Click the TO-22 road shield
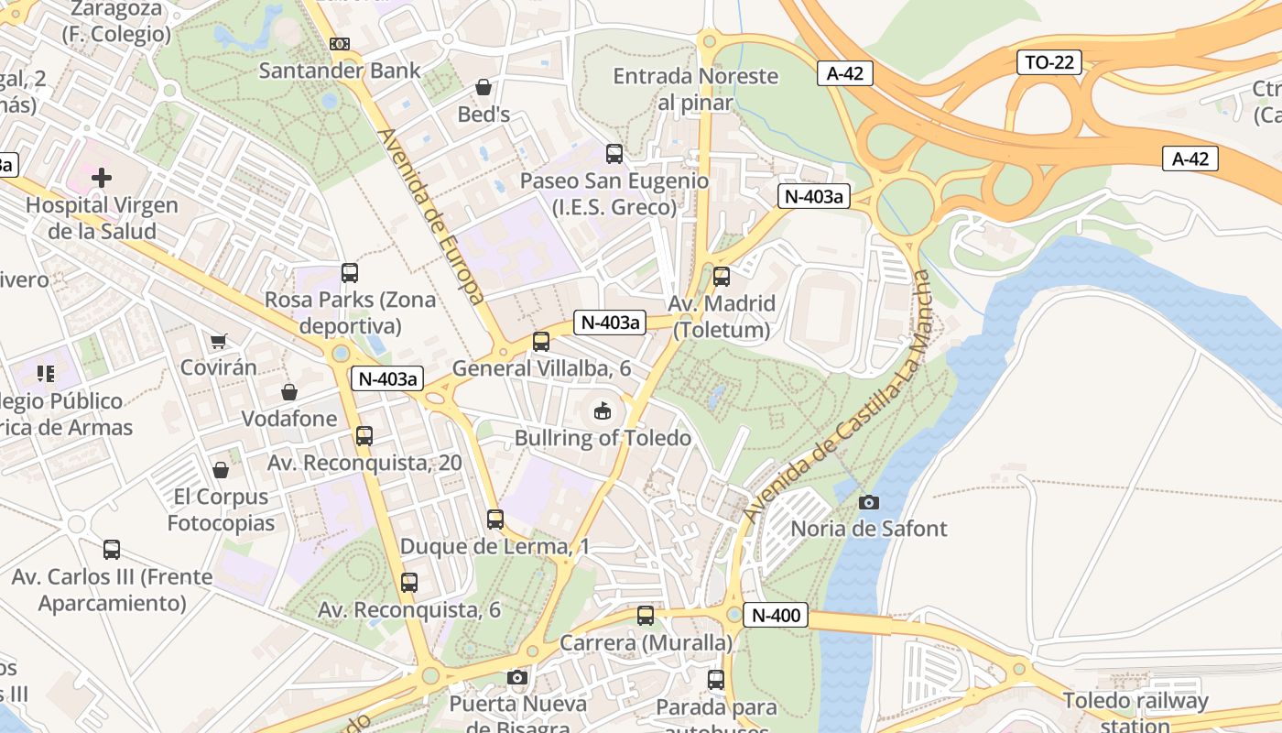1049,62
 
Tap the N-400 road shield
775,615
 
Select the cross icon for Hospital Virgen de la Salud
102,178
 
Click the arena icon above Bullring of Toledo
603,411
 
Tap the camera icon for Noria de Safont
869,502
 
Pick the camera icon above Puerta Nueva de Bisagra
517,677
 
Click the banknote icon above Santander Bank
340,44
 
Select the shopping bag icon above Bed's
483,88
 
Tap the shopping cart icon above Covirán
218,342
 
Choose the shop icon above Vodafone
289,392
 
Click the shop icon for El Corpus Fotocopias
221,471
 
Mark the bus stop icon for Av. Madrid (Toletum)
722,276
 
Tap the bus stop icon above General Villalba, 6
541,342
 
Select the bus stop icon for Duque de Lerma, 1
495,520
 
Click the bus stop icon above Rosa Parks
350,272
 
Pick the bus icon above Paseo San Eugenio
614,154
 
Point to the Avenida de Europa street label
430,216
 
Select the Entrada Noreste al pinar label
696,89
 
